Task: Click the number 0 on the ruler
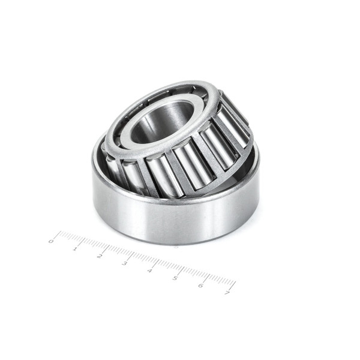point(51,241)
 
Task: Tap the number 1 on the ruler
point(75,249)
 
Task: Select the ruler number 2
point(100,256)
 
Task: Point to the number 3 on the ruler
point(124,263)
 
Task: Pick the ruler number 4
point(149,271)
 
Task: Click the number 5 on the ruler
point(175,278)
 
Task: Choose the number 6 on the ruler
point(201,286)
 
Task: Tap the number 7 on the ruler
point(227,293)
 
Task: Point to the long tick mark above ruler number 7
point(233,286)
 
